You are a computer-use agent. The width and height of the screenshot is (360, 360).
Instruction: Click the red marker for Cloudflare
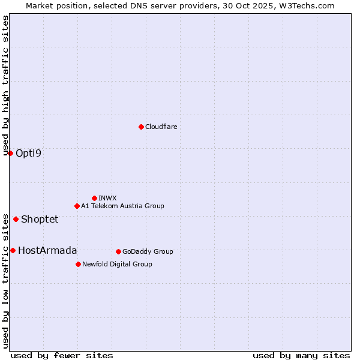point(141,127)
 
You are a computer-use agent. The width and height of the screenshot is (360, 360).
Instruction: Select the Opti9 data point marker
point(10,153)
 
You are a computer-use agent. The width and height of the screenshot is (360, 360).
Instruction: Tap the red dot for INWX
point(94,198)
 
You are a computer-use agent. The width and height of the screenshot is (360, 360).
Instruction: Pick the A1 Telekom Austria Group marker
point(77,206)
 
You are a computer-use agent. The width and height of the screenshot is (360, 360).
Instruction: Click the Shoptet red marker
point(16,219)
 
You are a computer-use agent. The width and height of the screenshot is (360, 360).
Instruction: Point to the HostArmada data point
point(13,250)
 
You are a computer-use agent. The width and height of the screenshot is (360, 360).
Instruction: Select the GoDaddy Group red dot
point(118,251)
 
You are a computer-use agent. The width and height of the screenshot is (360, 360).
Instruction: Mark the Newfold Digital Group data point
point(78,264)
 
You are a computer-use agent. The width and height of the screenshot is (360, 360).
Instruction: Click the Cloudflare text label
point(161,127)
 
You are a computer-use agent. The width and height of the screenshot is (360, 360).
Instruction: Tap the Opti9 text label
point(28,153)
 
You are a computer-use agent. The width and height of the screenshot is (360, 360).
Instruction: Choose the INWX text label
point(107,198)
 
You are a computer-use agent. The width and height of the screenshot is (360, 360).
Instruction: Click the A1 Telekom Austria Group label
point(122,206)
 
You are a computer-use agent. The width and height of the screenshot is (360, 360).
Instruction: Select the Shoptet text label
point(40,219)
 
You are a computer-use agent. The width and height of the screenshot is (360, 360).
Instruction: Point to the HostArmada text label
point(47,250)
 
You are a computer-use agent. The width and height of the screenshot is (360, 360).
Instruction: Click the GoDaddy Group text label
point(148,251)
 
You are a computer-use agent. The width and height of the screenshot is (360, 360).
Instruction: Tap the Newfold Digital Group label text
point(117,264)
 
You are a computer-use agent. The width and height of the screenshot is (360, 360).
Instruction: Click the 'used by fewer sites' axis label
point(62,355)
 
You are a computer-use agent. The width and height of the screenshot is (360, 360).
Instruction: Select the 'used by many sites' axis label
point(301,355)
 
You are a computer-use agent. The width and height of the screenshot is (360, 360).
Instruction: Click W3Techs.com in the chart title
point(310,5)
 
